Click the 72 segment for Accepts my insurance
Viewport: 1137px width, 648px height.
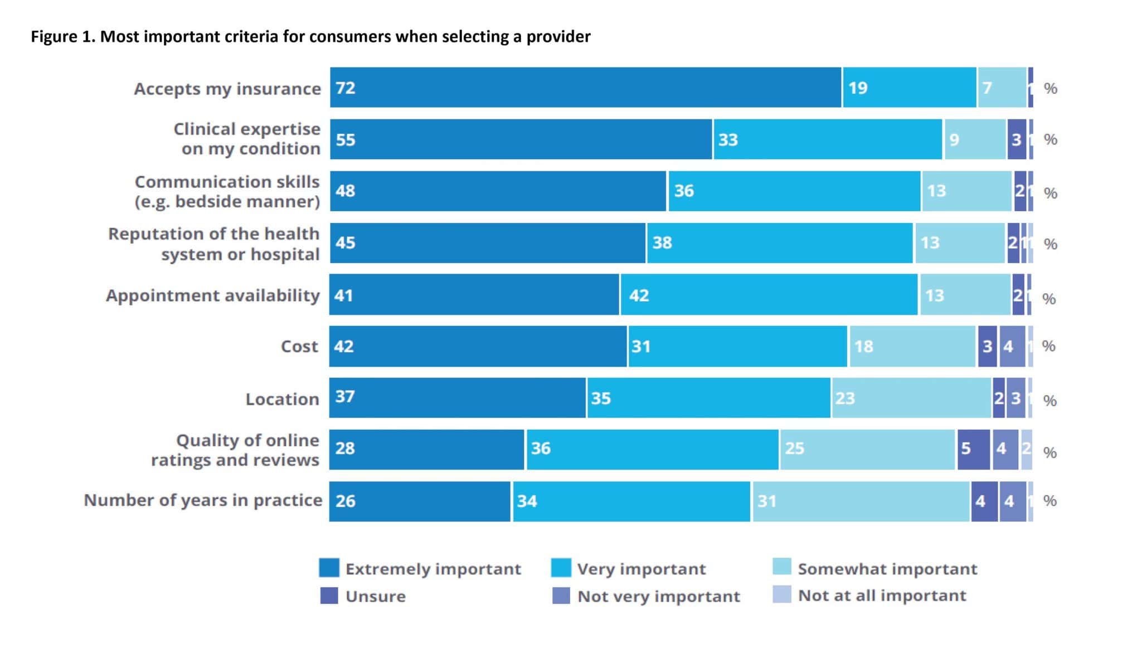[585, 88]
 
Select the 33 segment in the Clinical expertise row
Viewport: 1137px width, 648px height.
[828, 139]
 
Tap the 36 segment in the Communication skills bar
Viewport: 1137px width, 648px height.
[794, 191]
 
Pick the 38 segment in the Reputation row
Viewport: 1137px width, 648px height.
[780, 243]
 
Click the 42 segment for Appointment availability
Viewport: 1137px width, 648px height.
[769, 294]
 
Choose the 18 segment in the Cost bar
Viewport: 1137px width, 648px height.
[912, 346]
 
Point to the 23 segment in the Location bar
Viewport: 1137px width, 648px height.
[911, 398]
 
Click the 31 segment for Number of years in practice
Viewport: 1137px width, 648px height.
[861, 501]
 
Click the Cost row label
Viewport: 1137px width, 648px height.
[299, 346]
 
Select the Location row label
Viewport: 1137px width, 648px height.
[283, 399]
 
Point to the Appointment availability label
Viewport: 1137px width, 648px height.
[213, 295]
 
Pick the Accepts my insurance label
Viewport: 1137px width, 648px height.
[227, 89]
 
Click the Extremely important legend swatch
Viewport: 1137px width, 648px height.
[329, 568]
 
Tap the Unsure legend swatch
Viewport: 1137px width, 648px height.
[329, 596]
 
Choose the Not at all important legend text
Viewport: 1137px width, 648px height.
[882, 596]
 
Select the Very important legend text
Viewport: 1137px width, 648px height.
[641, 569]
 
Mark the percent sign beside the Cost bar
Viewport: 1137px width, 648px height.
[1048, 346]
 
